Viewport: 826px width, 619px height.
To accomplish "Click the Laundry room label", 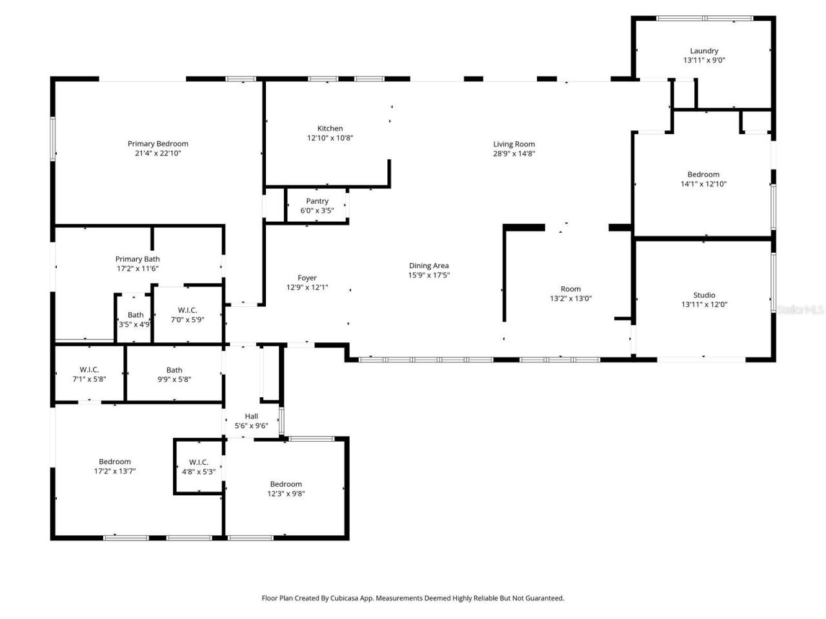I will point(703,51).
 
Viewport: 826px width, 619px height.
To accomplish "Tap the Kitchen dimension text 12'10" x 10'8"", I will point(330,138).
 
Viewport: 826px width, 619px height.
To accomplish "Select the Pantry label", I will point(317,201).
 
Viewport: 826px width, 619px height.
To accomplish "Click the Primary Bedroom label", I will point(157,144).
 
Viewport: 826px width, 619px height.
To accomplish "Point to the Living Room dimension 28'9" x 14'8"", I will point(514,153).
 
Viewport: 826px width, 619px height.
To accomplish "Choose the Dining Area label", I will point(428,266).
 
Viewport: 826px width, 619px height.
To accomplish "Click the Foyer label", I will point(307,278).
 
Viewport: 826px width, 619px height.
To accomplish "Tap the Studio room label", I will point(703,295).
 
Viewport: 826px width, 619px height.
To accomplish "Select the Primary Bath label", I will point(137,259).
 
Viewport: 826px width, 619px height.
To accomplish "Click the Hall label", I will point(251,416).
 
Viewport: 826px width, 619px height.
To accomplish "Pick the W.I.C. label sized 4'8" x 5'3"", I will point(199,462).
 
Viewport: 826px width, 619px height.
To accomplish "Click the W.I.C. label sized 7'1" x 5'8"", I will point(89,369).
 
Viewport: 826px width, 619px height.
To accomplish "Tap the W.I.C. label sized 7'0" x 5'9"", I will point(187,310).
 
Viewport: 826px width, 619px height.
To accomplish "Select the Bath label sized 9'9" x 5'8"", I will point(174,370).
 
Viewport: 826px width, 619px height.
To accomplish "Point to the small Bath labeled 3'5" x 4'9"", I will point(136,315).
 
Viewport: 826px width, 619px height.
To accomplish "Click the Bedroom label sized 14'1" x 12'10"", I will point(703,175).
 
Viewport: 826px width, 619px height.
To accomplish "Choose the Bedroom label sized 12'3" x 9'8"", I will point(286,484).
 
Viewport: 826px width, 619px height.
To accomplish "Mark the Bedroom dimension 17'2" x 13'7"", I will point(115,471).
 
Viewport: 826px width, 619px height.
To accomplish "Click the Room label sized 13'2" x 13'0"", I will point(570,289).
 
